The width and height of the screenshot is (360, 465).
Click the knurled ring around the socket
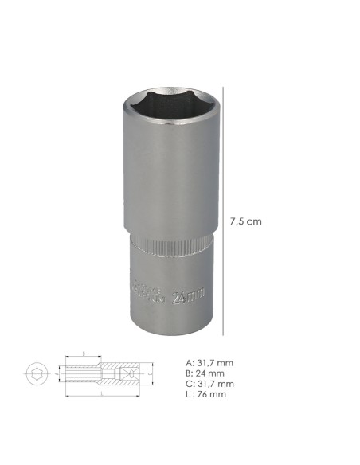pos(166,247)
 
